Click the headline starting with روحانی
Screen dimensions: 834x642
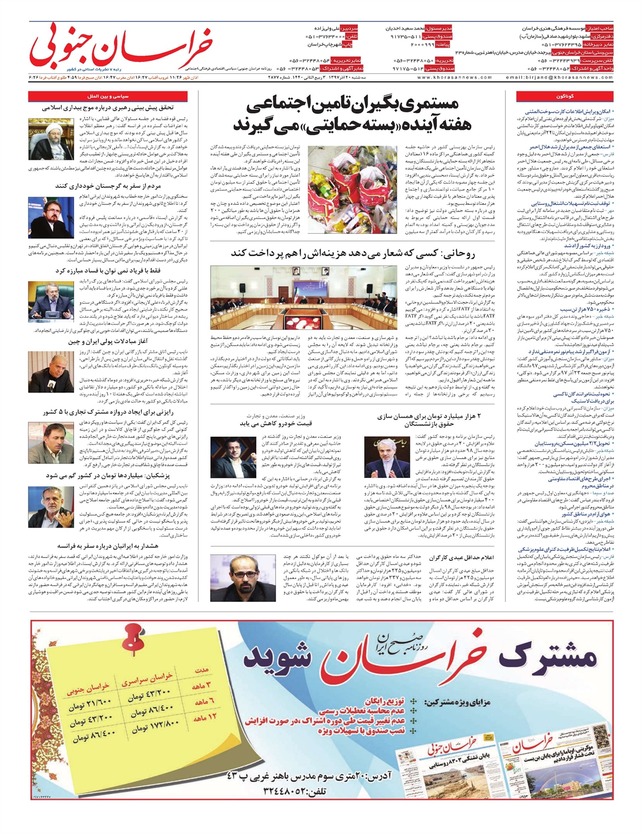[x=353, y=254]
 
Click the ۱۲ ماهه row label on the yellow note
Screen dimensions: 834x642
[x=205, y=717]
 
